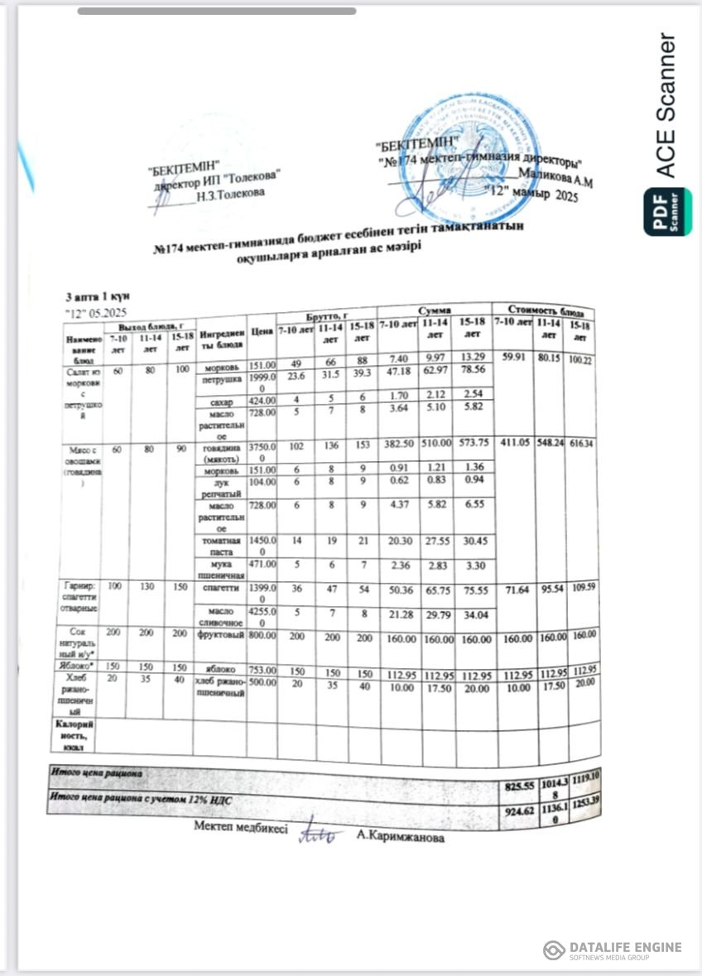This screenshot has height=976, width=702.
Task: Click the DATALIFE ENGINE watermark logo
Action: tap(613, 950)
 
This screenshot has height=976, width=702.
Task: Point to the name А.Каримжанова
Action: tap(401, 837)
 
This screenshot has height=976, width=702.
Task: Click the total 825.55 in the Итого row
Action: tap(520, 786)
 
